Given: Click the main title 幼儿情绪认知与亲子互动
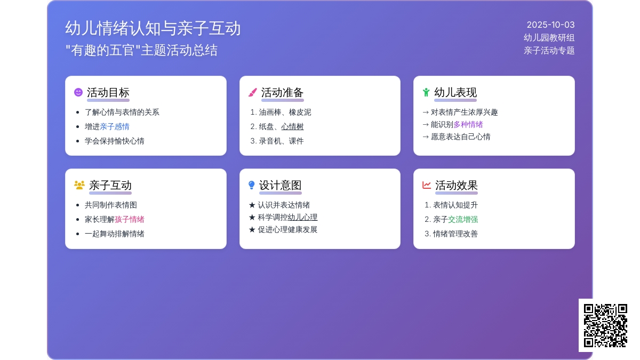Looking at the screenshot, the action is coord(153,28).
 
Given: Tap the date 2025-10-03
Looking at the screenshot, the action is coord(550,25).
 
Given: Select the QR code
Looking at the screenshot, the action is coord(605,325).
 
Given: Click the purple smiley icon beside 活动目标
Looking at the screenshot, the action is coord(78,92).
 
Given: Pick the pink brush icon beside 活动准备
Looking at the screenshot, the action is coord(253,92).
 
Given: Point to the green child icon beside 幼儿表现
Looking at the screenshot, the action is coord(426,92).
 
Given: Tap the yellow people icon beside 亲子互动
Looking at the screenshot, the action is coord(79,185).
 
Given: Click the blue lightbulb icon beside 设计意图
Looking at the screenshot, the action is coord(251,185).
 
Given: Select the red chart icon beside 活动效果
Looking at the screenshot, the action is coord(427,185).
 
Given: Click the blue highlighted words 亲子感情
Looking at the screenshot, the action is coord(115,126).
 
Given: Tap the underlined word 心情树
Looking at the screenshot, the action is coord(292,126).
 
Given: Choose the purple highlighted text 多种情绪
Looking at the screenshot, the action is coord(468,125).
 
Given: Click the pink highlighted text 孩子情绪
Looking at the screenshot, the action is coord(130,219).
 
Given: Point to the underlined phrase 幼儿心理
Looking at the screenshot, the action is coord(302,218).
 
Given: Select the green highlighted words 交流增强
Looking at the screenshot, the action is coord(463,219).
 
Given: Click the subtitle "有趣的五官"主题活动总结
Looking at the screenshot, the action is coord(141,50).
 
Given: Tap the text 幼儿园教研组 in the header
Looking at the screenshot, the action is coord(549,38).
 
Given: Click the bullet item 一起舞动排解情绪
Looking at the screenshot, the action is coord(114,234).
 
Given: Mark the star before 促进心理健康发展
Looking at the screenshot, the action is coord(252,229).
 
